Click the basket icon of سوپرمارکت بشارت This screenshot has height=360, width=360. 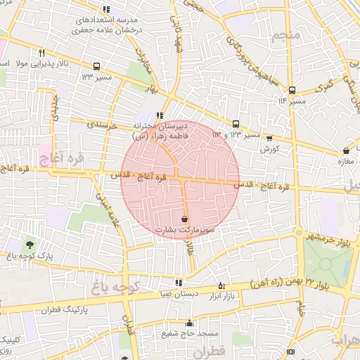pos(184,219)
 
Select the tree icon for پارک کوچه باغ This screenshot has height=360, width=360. pos(30,244)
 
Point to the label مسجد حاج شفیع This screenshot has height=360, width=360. pos(190,333)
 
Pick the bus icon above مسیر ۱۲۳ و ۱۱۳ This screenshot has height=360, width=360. pos(236,123)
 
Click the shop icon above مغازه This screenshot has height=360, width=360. pos(346,151)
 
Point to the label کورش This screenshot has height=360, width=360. pos(270,149)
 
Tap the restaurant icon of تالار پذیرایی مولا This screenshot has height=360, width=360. pos(42,53)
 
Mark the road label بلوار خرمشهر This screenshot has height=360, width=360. pos(328,236)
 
